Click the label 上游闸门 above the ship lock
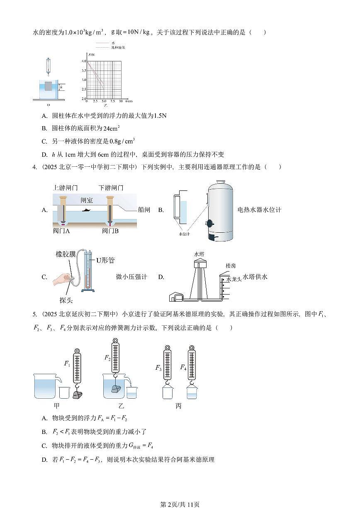point(66,188)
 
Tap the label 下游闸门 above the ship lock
point(111,188)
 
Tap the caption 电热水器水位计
point(259,210)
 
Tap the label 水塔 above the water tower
point(199,254)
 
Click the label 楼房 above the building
point(231,265)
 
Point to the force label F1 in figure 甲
point(67,363)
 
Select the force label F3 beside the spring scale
point(158,368)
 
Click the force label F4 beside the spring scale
point(183,367)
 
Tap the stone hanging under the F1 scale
point(77,395)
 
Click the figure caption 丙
point(178,406)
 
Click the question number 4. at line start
point(35,167)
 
